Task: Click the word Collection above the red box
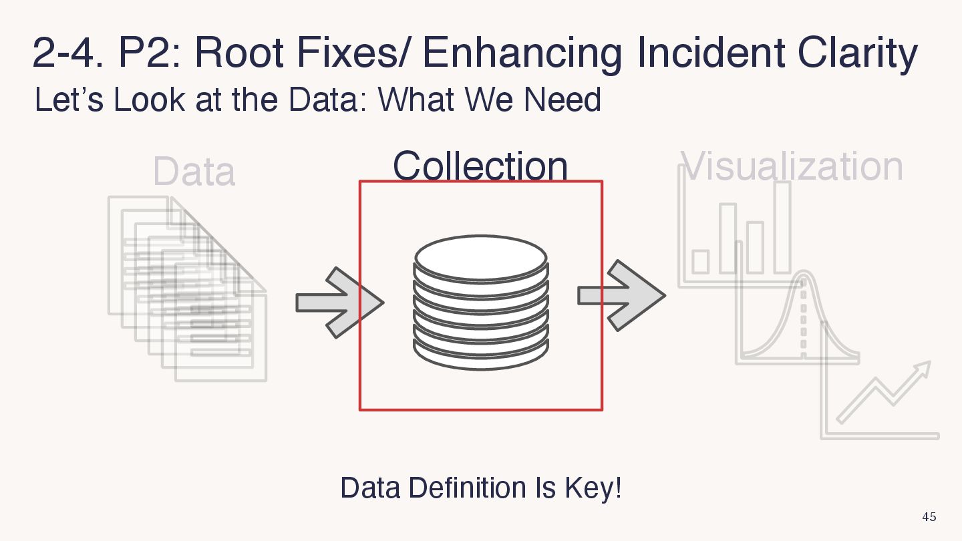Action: pyautogui.click(x=480, y=166)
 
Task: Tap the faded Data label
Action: pyautogui.click(x=194, y=172)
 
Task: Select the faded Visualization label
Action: pyautogui.click(x=792, y=166)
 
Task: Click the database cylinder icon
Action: pyautogui.click(x=481, y=302)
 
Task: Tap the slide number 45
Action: pyautogui.click(x=929, y=517)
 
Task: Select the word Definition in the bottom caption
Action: pyautogui.click(x=467, y=488)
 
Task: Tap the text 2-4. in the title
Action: pyautogui.click(x=67, y=53)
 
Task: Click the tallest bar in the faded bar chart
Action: pyautogui.click(x=782, y=227)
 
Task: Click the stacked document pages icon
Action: pyautogui.click(x=187, y=287)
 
